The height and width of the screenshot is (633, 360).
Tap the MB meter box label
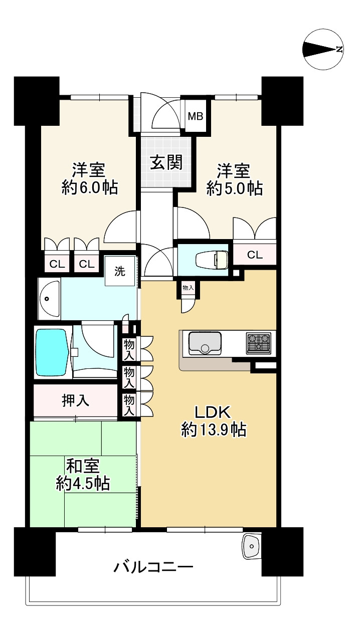pyautogui.click(x=196, y=116)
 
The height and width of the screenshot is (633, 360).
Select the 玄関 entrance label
pyautogui.click(x=166, y=163)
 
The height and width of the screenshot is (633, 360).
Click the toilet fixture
pyautogui.click(x=215, y=259)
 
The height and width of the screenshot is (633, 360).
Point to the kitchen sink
pyautogui.click(x=205, y=343)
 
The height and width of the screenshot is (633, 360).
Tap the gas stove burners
pyautogui.click(x=259, y=343)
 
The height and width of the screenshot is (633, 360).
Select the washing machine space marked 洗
pyautogui.click(x=120, y=271)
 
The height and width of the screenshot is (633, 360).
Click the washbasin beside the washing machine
pyautogui.click(x=49, y=299)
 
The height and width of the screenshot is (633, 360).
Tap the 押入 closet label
pyautogui.click(x=76, y=400)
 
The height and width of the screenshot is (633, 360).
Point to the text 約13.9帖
pyautogui.click(x=214, y=430)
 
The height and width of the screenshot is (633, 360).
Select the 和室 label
pyautogui.click(x=83, y=466)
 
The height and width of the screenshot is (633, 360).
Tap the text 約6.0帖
pyautogui.click(x=90, y=187)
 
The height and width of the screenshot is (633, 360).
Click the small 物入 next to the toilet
pyautogui.click(x=188, y=288)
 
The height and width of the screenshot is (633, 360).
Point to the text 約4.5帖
pyautogui.click(x=83, y=484)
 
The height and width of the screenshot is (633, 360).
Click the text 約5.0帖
pyautogui.click(x=235, y=188)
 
